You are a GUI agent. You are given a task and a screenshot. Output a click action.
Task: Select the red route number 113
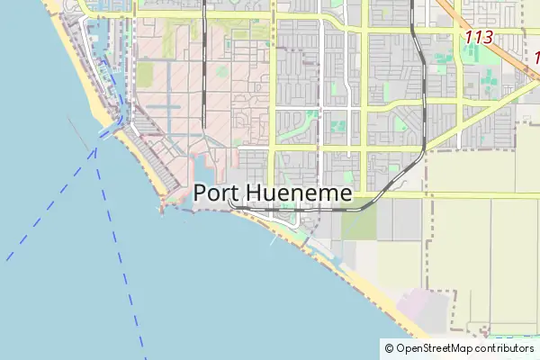[x=480, y=38]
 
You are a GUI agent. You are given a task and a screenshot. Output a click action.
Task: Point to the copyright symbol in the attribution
[x=389, y=348]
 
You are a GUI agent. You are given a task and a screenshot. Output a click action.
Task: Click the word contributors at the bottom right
[x=505, y=348]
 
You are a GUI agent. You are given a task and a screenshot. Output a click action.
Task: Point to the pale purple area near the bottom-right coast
[x=423, y=310]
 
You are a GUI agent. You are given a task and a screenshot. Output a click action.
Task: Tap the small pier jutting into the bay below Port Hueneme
[x=273, y=241]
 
